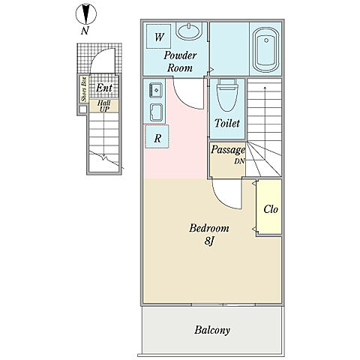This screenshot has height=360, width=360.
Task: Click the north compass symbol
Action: tap(86, 14)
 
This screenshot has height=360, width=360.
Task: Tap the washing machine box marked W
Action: tap(159, 36)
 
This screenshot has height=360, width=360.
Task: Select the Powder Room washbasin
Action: tap(189, 31)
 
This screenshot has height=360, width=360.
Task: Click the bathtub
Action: tap(265, 50)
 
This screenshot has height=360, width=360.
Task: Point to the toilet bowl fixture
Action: tap(227, 94)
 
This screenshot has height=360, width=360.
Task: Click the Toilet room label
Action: tap(227, 123)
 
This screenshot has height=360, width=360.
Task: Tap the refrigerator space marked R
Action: tap(157, 136)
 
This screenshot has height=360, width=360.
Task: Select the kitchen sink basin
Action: tap(156, 112)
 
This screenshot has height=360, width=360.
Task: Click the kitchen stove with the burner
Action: tap(156, 90)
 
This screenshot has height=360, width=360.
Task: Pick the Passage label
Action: tap(228, 150)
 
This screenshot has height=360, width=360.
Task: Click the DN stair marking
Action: tap(239, 161)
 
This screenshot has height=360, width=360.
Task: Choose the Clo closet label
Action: tap(271, 209)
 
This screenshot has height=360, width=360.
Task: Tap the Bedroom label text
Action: tap(209, 228)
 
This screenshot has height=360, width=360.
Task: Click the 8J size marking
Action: tap(209, 241)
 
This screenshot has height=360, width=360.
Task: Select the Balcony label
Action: tap(212, 330)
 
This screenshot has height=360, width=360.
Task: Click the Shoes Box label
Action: tap(84, 89)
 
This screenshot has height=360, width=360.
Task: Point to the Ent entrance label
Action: tap(104, 88)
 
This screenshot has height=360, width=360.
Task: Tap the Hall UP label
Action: tap(103, 106)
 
